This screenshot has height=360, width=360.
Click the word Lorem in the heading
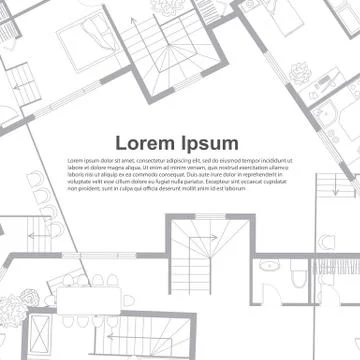146,143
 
